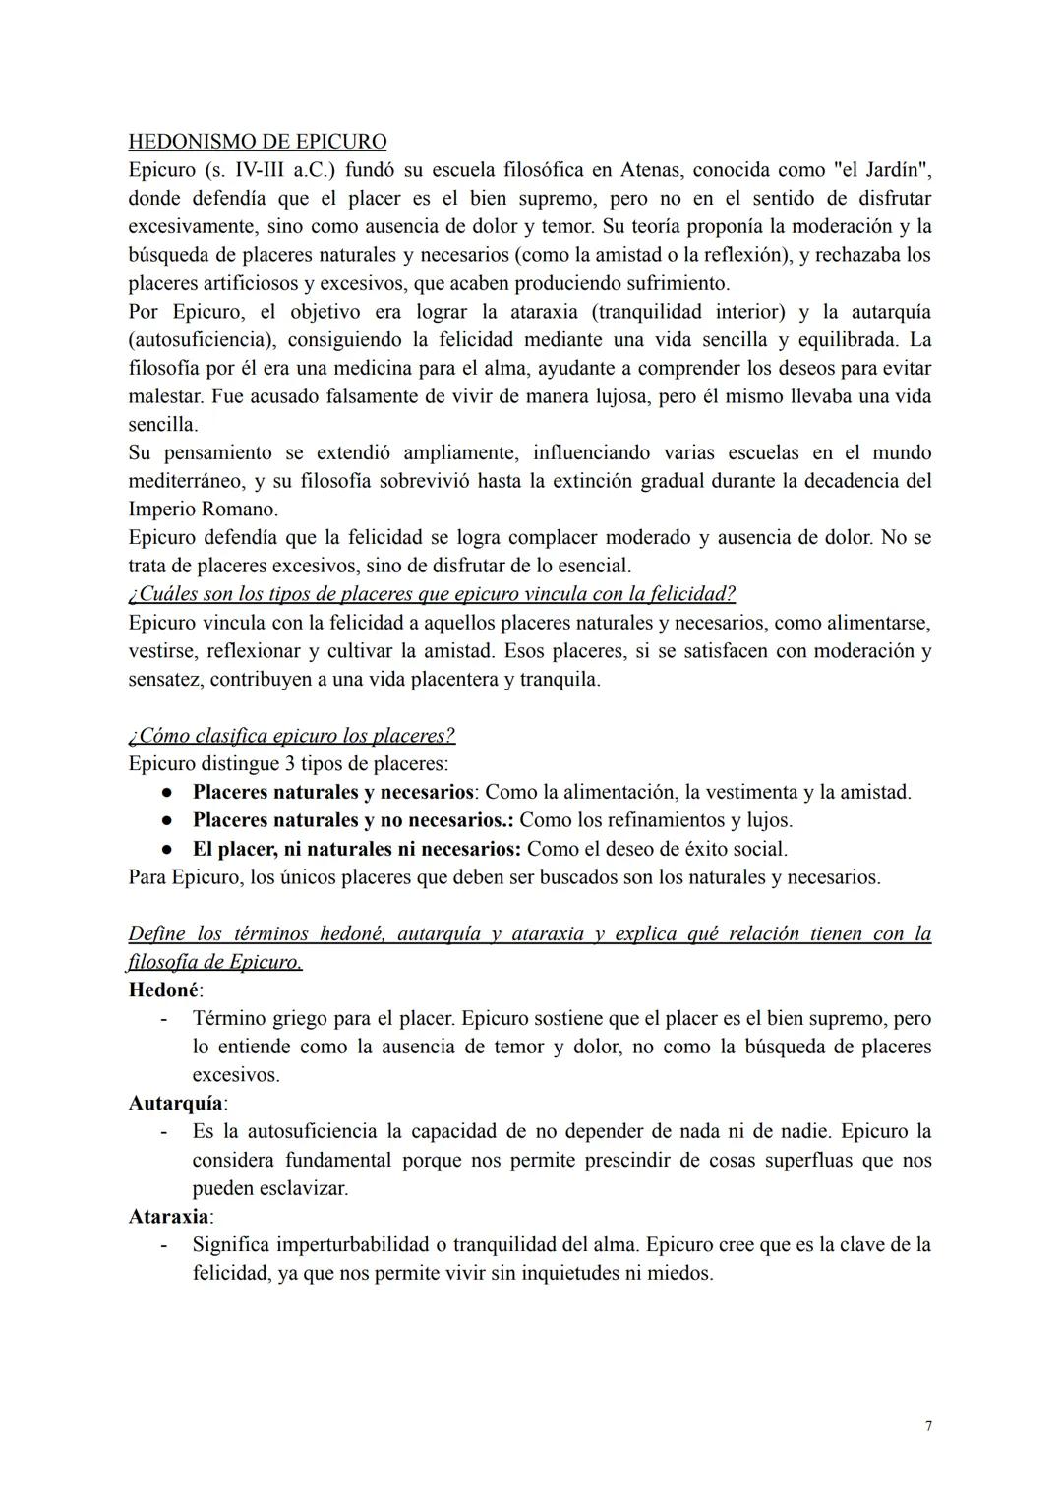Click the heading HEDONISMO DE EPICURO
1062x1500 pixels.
click(258, 142)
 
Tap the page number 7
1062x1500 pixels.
click(928, 1426)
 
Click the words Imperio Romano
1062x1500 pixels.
click(204, 510)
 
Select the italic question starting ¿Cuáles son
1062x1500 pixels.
click(432, 594)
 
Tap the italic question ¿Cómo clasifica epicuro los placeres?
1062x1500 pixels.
click(292, 736)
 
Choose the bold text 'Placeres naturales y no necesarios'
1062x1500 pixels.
click(352, 820)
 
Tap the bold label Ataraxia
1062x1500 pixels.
click(169, 1217)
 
